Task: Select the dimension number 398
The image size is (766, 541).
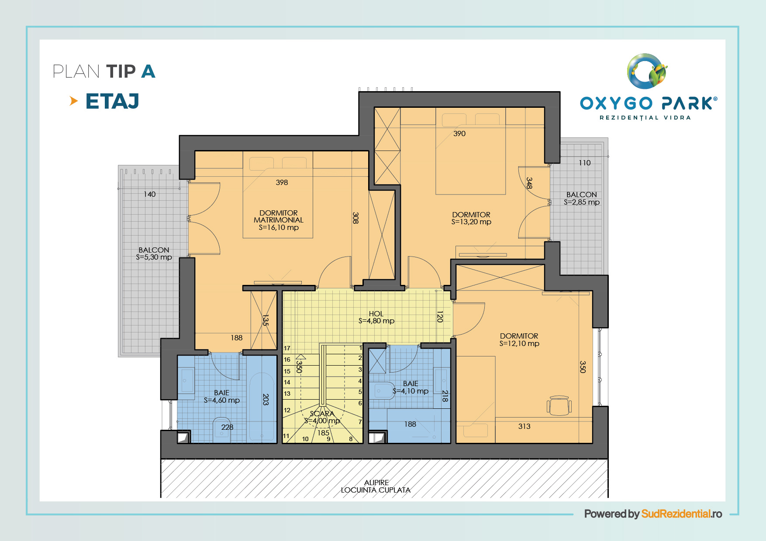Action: (x=282, y=182)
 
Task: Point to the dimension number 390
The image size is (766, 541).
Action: (x=459, y=134)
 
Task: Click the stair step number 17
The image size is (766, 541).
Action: (x=287, y=348)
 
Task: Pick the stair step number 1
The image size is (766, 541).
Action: (x=361, y=348)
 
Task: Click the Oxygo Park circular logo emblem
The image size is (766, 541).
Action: (x=647, y=71)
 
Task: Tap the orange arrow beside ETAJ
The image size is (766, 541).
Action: (x=74, y=101)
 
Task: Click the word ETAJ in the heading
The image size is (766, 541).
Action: (x=112, y=101)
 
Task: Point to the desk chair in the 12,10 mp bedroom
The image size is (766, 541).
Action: (x=559, y=405)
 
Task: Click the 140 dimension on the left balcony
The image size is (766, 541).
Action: (x=150, y=194)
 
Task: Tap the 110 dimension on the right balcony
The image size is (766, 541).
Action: (x=584, y=163)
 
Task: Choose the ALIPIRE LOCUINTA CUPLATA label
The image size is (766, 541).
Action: (x=376, y=486)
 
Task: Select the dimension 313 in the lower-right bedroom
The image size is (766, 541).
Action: (x=524, y=426)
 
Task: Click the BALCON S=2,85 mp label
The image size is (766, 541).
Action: (x=582, y=198)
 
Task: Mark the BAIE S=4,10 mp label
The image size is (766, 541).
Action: (x=411, y=387)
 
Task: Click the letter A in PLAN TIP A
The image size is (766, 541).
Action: (x=148, y=72)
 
